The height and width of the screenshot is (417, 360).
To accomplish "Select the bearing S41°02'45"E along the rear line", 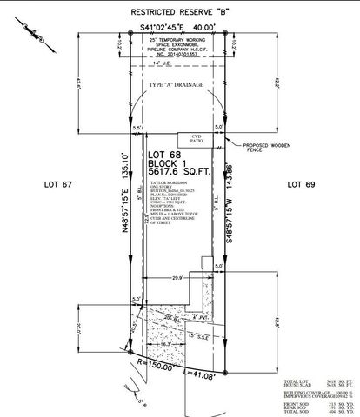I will tap(178, 29).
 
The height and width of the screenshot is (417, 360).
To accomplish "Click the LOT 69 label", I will tap(306, 184).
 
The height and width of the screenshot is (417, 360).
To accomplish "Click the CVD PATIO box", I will tap(195, 140).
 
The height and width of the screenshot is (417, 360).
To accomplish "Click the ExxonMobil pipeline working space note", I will tap(179, 48).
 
